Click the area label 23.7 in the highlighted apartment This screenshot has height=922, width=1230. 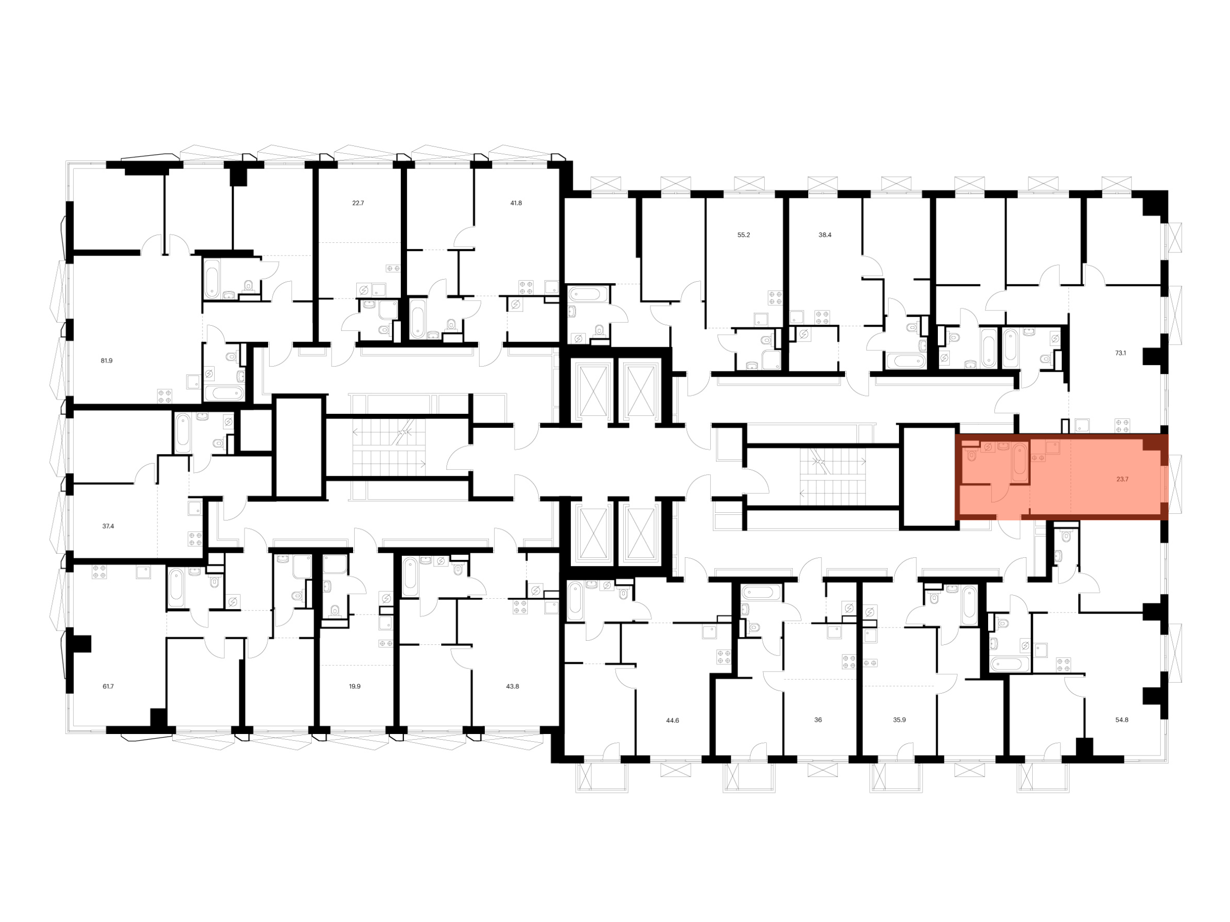pos(1122,479)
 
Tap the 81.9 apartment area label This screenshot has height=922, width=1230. pos(106,361)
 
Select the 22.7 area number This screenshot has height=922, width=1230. pos(358,203)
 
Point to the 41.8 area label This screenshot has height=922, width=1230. pos(516,203)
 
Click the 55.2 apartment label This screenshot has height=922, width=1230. pos(744,235)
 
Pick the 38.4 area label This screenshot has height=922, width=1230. pos(825,235)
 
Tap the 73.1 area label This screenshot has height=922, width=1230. pos(1120,353)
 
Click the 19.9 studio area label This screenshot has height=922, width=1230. pos(355,686)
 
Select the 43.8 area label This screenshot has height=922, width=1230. pos(512,686)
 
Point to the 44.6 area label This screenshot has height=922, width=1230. pos(672,720)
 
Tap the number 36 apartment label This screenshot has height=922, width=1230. pos(818,720)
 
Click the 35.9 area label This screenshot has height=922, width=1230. pos(899,720)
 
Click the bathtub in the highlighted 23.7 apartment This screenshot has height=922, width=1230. pos(1019,463)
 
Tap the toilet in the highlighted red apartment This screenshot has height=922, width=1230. pos(971,455)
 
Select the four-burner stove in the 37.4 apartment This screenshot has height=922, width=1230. pos(195,538)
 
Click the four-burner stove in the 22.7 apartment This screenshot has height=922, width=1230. pos(393,269)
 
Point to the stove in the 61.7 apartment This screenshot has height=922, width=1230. pos(99,572)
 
